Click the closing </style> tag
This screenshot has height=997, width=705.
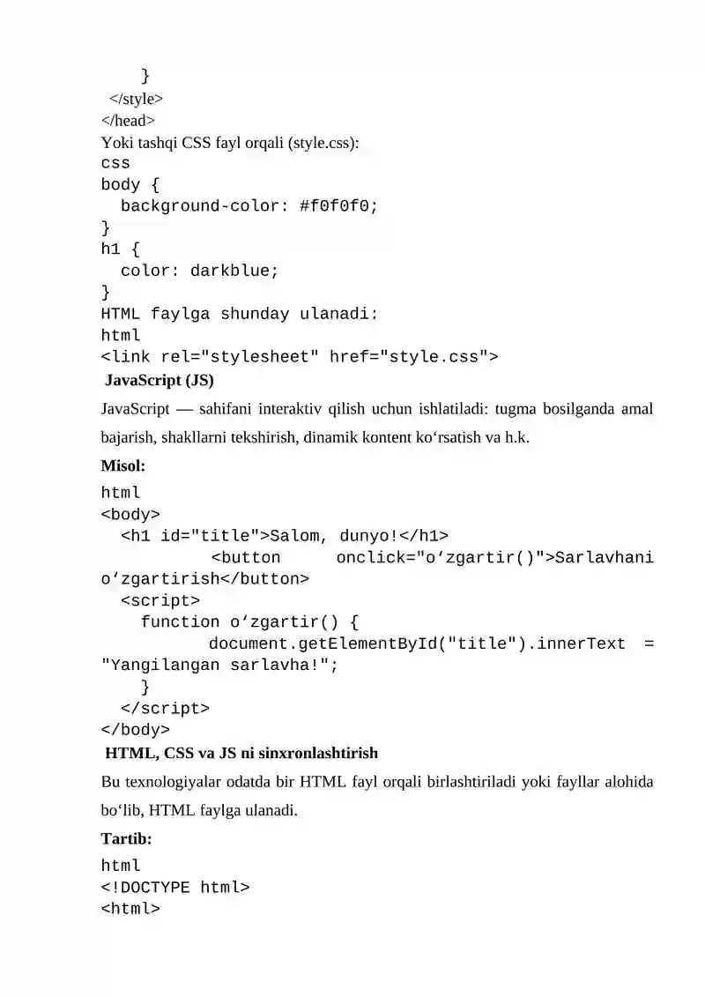point(136,100)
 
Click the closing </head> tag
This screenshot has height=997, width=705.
point(128,121)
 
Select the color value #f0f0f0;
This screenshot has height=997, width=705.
point(338,206)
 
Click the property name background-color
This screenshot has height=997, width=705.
point(200,206)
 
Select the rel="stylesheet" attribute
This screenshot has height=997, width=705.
point(240,357)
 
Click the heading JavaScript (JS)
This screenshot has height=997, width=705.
point(160,380)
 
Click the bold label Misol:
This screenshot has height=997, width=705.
point(123,466)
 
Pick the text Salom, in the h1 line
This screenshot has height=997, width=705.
point(299,536)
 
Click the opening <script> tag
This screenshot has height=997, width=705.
point(160,601)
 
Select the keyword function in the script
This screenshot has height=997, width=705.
point(180,621)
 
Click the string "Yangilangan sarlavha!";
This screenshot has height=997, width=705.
point(220,665)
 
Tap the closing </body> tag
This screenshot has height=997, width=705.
point(136,729)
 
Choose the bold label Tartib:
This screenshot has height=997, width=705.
point(127,839)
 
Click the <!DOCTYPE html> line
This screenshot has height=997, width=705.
point(175,888)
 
